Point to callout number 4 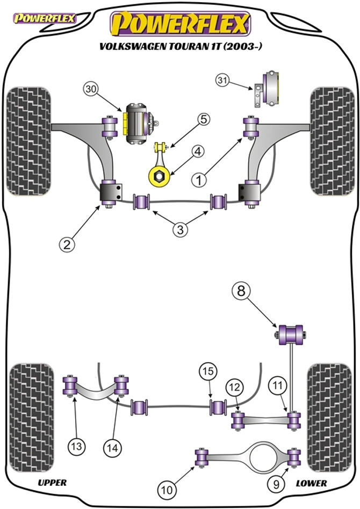[x=198, y=152]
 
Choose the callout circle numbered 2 [x=66, y=245]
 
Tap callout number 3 [x=181, y=230]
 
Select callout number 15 [x=207, y=371]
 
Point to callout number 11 [x=276, y=385]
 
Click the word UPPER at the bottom [x=52, y=483]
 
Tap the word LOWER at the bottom [x=311, y=483]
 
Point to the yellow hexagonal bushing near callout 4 [x=159, y=175]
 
